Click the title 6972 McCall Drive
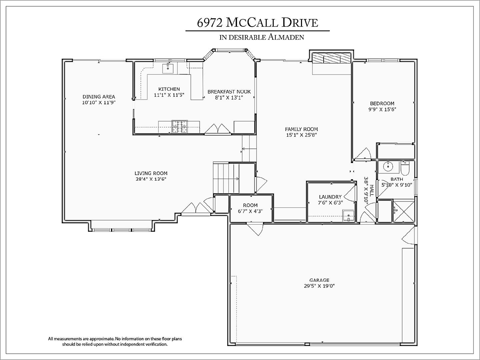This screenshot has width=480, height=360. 257,22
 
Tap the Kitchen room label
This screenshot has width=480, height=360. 169,89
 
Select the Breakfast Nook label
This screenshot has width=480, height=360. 229,92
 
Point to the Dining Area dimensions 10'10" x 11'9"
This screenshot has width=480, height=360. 99,103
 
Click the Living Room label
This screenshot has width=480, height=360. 151,173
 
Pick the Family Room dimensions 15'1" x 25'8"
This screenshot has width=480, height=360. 301,135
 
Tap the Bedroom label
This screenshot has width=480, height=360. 382,103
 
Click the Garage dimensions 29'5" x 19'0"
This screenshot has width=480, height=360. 319,286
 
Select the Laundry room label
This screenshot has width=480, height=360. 330,197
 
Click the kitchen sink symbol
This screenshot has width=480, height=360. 168,68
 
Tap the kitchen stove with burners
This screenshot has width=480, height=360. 179,127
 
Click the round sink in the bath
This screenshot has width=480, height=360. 388,166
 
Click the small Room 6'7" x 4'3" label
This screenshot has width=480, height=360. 250,208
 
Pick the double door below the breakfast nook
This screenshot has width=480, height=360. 218,129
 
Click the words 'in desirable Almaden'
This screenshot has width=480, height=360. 262,37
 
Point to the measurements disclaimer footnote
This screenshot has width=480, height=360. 115,341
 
